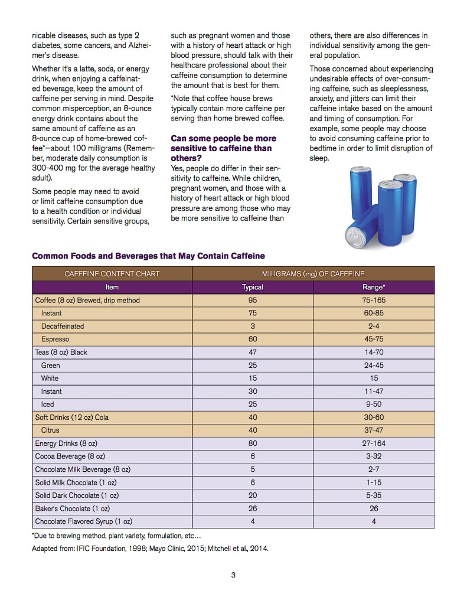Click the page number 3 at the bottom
tap(233, 575)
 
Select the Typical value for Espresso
tap(252, 339)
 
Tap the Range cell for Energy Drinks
tap(374, 443)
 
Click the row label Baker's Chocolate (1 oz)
tap(72, 508)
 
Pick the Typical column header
tap(252, 288)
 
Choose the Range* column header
tap(374, 288)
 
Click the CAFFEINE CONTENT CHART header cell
tap(112, 274)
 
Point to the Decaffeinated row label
tap(63, 327)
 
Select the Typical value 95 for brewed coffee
tap(252, 301)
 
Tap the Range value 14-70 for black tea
tap(374, 352)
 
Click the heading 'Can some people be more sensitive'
tap(223, 148)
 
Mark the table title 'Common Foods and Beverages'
tap(148, 256)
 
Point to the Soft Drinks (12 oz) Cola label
tap(72, 417)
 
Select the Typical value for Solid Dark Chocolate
tap(252, 495)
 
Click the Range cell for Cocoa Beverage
tap(374, 456)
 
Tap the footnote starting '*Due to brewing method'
tap(116, 536)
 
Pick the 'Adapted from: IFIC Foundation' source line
tap(150, 549)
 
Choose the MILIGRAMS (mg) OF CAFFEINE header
tap(313, 274)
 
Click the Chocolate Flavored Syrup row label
tap(83, 521)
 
